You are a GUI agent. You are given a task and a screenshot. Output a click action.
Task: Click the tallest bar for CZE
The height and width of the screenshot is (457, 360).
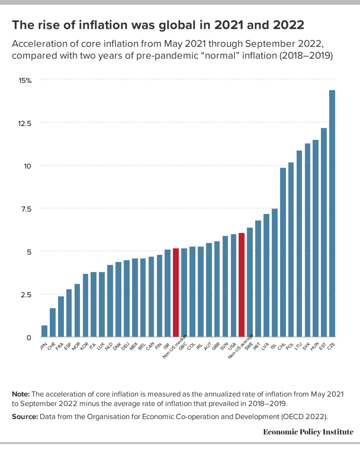click(x=332, y=214)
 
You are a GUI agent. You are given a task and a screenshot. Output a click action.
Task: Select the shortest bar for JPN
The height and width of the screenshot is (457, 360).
click(x=44, y=331)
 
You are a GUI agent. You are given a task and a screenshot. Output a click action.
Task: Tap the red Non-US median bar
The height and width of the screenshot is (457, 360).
click(x=176, y=292)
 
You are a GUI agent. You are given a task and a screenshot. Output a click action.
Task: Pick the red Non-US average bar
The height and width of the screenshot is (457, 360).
click(x=241, y=285)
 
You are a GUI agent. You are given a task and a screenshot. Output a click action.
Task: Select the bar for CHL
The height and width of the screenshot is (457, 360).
click(x=283, y=252)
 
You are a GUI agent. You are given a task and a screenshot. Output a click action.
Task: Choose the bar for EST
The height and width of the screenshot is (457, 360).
click(x=324, y=232)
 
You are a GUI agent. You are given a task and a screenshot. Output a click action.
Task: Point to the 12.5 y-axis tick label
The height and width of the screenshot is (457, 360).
click(x=24, y=123)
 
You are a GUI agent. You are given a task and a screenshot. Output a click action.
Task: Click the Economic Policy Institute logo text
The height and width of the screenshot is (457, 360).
click(x=308, y=432)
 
